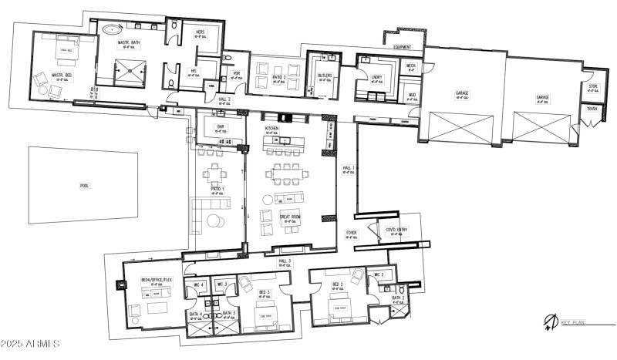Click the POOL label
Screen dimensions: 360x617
point(84,186)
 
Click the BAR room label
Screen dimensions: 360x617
point(220,126)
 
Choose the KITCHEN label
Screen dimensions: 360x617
point(271,128)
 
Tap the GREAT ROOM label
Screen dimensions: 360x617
point(291,218)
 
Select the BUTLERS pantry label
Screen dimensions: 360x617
point(324,76)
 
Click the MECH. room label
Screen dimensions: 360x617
point(410,66)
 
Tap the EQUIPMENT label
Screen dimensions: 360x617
point(403,47)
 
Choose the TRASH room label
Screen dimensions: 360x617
point(592,109)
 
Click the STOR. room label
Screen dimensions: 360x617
point(593,86)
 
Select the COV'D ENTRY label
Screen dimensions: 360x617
point(386,228)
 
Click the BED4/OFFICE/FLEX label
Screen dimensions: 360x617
point(156,281)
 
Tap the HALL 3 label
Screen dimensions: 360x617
point(285,262)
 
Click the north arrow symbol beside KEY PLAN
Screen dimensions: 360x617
point(551,321)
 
